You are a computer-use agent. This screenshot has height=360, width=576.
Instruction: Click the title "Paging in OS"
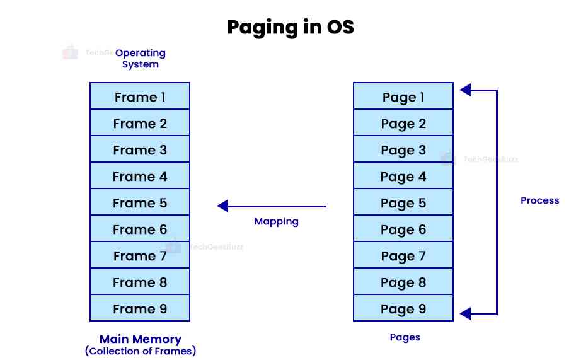(x=290, y=28)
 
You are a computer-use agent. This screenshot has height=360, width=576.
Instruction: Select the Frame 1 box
(x=140, y=96)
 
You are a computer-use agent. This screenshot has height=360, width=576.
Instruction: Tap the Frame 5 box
(x=140, y=202)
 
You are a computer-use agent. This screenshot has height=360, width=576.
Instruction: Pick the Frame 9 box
(x=140, y=308)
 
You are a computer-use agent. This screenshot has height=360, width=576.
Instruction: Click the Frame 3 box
(x=140, y=149)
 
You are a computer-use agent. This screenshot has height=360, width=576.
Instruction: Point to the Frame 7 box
(x=140, y=255)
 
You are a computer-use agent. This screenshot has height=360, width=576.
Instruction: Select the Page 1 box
(x=403, y=96)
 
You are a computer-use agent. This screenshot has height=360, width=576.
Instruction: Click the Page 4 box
(x=403, y=176)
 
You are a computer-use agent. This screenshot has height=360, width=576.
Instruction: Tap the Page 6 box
(x=403, y=229)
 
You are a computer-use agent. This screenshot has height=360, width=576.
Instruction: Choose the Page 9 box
(x=403, y=308)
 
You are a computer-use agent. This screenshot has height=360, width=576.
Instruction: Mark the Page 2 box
(x=403, y=123)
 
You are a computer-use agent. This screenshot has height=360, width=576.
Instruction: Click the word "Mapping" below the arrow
(x=276, y=221)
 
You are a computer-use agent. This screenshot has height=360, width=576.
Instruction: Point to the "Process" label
(x=539, y=200)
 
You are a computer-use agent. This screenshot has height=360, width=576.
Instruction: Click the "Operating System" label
(x=140, y=59)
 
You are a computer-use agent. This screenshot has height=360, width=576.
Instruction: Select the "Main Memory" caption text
(x=140, y=339)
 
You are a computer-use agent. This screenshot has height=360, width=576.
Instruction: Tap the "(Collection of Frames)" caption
(x=140, y=351)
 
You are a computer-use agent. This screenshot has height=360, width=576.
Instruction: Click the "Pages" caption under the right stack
(x=405, y=337)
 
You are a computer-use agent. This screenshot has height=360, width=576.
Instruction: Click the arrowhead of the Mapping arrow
(x=222, y=206)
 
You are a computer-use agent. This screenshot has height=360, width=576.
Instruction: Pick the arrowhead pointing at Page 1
(x=465, y=90)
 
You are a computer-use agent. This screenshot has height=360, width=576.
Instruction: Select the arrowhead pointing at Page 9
(x=465, y=313)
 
